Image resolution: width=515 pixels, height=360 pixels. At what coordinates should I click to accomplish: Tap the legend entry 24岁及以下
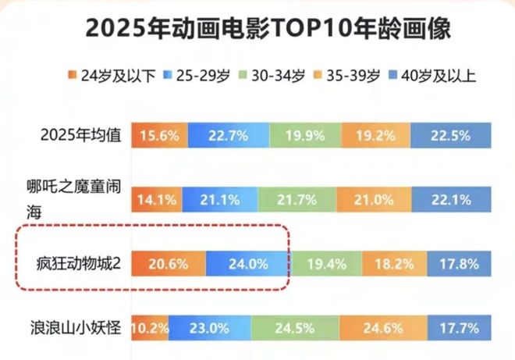tap(105, 76)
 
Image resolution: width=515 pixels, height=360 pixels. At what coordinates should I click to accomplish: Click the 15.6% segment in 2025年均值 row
tap(158, 135)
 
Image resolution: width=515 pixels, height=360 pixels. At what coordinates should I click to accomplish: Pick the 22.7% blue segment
tap(229, 135)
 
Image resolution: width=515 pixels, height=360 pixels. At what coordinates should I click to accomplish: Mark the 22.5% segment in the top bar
tap(450, 135)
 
